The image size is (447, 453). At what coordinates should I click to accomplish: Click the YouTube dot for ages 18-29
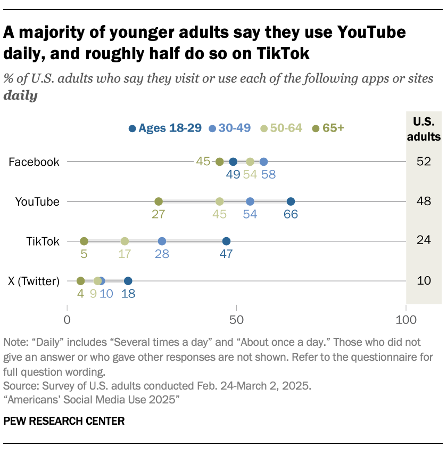pos(291,201)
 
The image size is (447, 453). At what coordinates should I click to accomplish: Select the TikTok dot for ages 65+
pos(84,241)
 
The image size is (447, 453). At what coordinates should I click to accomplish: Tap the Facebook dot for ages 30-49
pos(263,162)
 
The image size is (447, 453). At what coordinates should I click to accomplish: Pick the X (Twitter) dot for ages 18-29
pos(128,281)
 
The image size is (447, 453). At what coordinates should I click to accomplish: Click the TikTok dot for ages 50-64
pos(125,241)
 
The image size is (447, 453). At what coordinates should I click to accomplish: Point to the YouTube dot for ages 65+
pos(159,201)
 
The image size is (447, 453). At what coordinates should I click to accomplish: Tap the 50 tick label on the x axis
pos(236,321)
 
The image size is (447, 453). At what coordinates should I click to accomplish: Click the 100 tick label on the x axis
pos(405,321)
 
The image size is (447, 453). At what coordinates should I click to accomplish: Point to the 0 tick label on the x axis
pos(67,321)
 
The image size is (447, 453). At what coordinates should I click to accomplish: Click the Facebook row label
pos(34,162)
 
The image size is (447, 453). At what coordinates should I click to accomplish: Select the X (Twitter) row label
pos(34,281)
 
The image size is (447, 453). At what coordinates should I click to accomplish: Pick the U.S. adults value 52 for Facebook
pos(424,162)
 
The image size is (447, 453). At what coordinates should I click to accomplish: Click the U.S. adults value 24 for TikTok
pos(424,241)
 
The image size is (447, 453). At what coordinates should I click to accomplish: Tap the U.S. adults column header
pos(424,128)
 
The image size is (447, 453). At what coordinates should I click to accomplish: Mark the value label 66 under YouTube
pos(291,215)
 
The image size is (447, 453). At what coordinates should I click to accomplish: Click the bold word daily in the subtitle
pos(20,96)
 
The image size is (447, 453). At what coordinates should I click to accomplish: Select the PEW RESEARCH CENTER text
pos(64,421)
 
